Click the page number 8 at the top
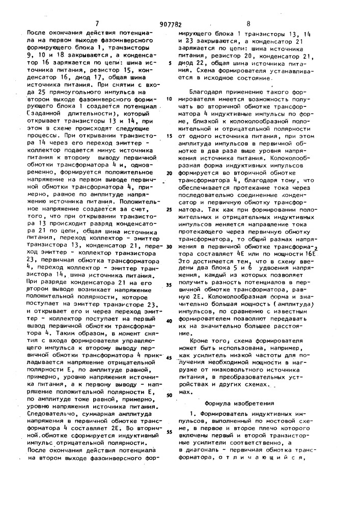coord(248,23)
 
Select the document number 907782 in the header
coord(177,23)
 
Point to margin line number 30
coord(169,246)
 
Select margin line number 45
coord(169,358)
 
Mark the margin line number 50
coord(169,395)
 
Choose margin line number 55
coord(169,432)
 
